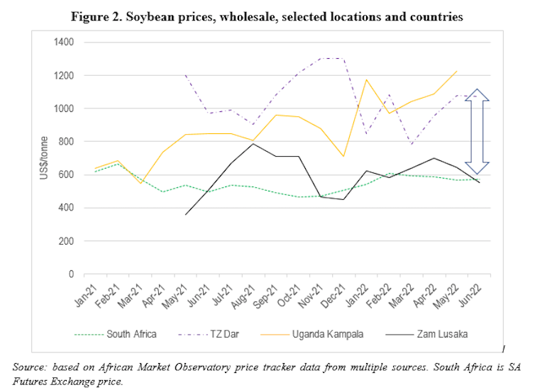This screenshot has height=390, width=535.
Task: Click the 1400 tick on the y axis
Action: pyautogui.click(x=65, y=42)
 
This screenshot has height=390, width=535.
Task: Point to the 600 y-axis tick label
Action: pyautogui.click(x=67, y=174)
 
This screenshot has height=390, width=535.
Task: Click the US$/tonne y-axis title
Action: pyautogui.click(x=43, y=158)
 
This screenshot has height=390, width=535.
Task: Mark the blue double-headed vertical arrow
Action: pyautogui.click(x=477, y=132)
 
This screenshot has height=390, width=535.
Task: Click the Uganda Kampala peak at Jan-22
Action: pyautogui.click(x=367, y=79)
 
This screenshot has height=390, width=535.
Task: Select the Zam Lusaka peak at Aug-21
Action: pyautogui.click(x=253, y=144)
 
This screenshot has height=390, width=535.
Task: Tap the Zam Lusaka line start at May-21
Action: pyautogui.click(x=186, y=214)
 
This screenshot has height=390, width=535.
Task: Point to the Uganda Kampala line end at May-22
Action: pyautogui.click(x=457, y=71)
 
